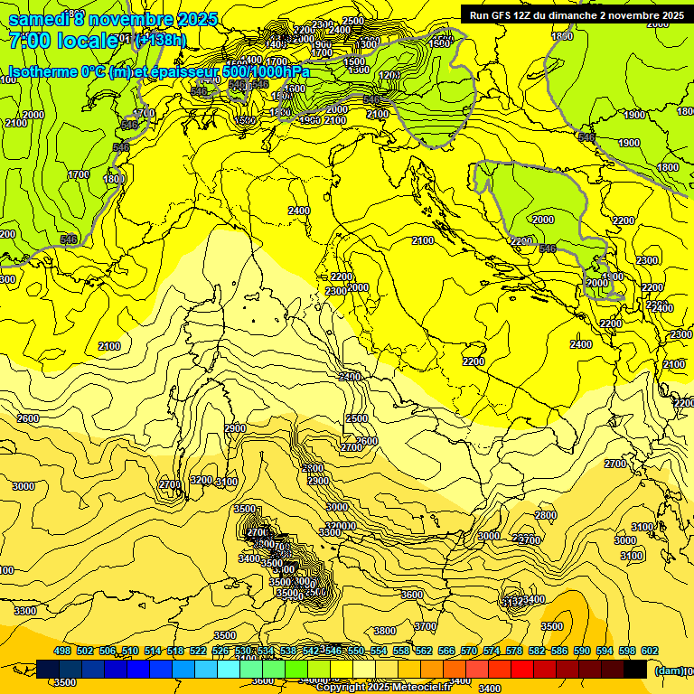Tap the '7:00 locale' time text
pos(63,40)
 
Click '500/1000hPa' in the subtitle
pos(264,71)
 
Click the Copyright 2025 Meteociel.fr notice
pos(383,687)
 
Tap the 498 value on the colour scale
pos(62,651)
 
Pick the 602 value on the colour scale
pos(649,651)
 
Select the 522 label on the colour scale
pos(198,651)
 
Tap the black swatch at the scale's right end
pos(635,669)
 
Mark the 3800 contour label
pos(385,631)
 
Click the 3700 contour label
pos(425,625)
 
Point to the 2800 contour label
pos(546,515)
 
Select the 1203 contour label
pos(390,75)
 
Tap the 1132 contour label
pos(511,602)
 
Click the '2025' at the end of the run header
pos(670,14)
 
